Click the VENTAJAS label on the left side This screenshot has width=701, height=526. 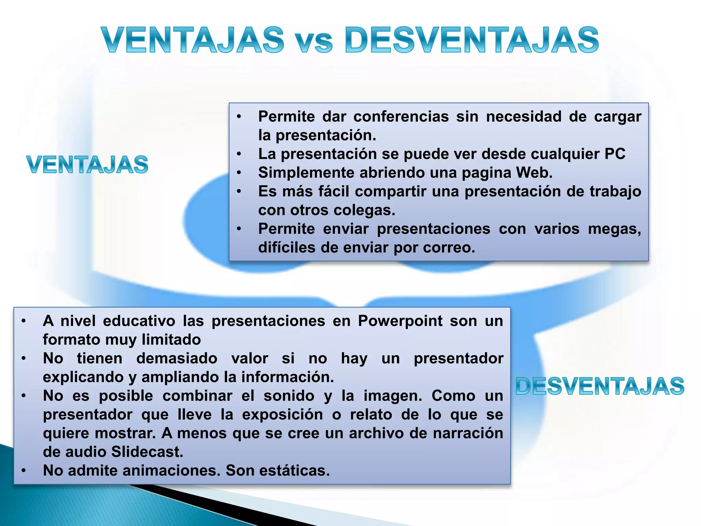tap(87, 165)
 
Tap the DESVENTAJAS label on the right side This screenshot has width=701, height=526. tap(600, 386)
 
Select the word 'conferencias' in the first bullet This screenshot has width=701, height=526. tap(401, 117)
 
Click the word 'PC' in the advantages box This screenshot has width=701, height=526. tap(615, 154)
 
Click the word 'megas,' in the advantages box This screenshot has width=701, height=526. tap(614, 229)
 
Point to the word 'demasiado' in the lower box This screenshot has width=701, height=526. tap(177, 359)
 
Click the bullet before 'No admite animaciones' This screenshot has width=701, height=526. tap(24, 471)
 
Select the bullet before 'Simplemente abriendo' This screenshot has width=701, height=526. tap(239, 173)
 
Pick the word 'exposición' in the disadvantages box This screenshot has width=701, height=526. tap(282, 415)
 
